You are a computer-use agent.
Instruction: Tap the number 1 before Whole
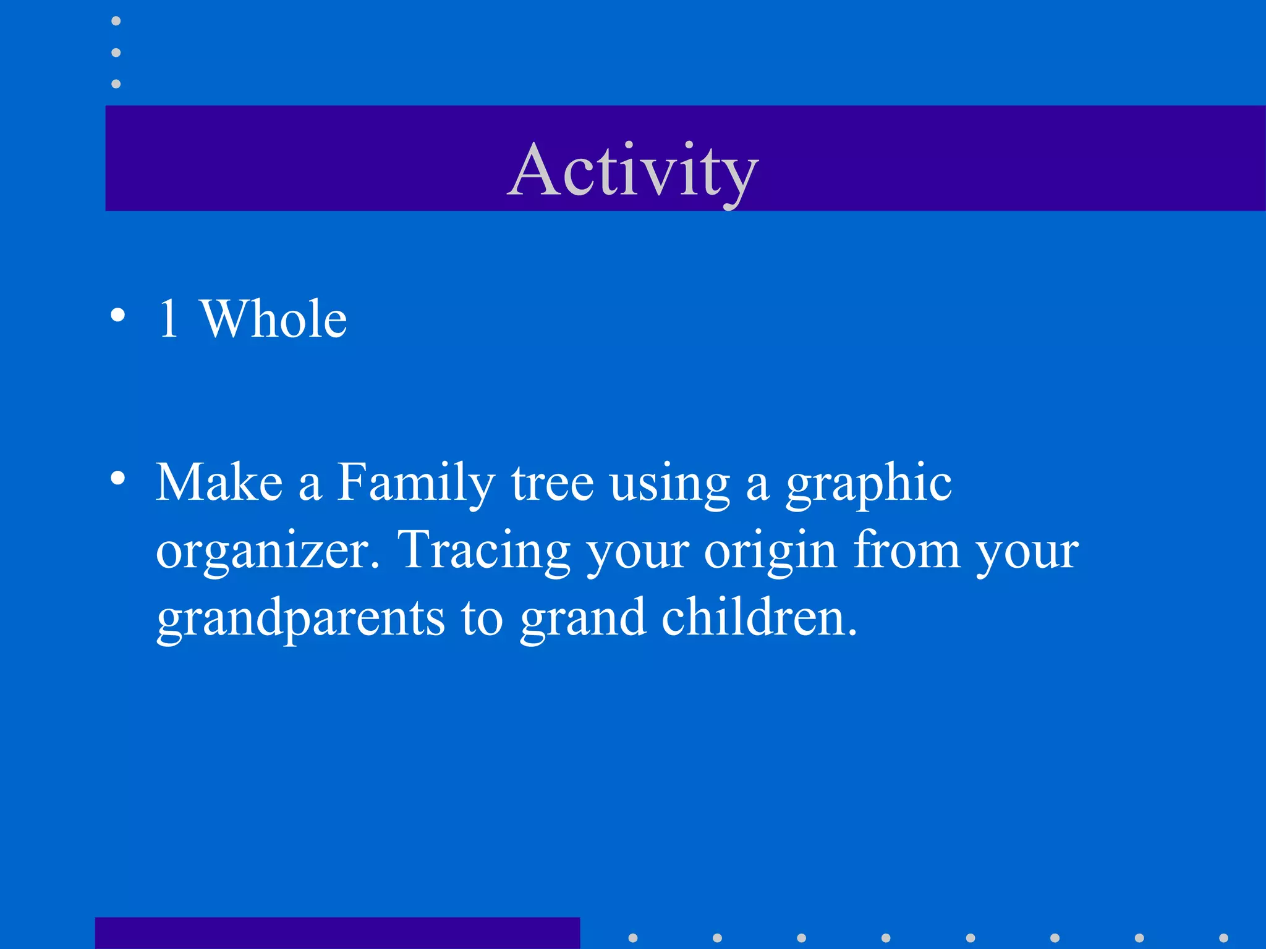[168, 319]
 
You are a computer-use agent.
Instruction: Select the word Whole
[274, 319]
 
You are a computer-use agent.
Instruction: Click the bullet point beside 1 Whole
[117, 316]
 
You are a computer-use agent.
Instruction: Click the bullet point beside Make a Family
[117, 478]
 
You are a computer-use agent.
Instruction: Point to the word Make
[219, 483]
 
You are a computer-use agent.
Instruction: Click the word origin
[770, 551]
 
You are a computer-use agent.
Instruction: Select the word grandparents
[300, 618]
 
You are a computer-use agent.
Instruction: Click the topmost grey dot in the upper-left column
[116, 21]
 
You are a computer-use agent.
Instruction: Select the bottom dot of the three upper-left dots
[116, 83]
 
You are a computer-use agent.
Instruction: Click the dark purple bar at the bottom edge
[337, 933]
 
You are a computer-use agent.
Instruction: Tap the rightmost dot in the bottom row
[1223, 938]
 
